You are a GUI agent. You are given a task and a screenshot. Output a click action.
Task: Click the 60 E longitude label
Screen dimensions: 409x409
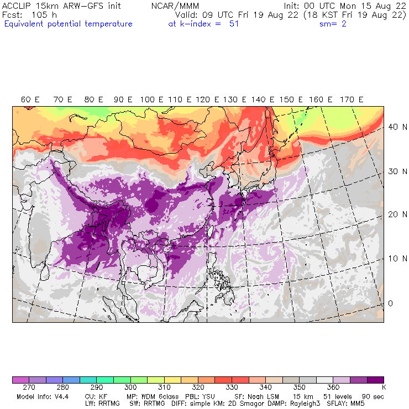click(x=30, y=99)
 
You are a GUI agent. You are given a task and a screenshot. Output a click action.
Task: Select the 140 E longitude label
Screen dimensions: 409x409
click(x=259, y=99)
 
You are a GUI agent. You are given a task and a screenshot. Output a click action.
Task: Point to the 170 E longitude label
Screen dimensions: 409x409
click(x=352, y=99)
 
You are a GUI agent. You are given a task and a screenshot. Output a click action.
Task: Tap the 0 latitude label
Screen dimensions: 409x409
click(x=390, y=303)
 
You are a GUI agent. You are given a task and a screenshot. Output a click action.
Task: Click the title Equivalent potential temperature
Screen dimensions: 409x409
click(x=68, y=24)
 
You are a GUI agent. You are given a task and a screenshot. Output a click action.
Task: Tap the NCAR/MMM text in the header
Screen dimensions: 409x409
click(x=175, y=6)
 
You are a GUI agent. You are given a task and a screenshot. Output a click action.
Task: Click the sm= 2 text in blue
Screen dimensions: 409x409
click(x=333, y=24)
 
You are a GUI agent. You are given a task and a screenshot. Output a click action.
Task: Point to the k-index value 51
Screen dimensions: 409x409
click(x=233, y=24)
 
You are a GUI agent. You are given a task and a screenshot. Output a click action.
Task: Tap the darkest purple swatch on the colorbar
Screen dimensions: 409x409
click(x=376, y=380)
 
